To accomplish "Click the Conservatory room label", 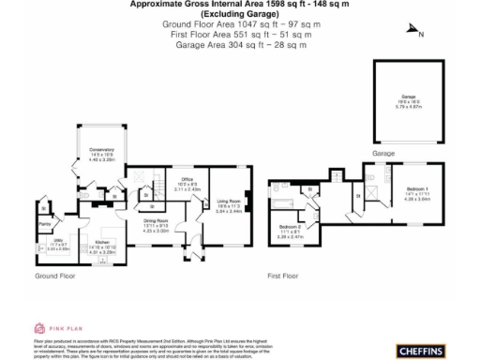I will (101, 151).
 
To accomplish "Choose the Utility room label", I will (59, 245).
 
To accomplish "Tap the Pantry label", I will (44, 224).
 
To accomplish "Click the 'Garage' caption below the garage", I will (382, 153).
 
